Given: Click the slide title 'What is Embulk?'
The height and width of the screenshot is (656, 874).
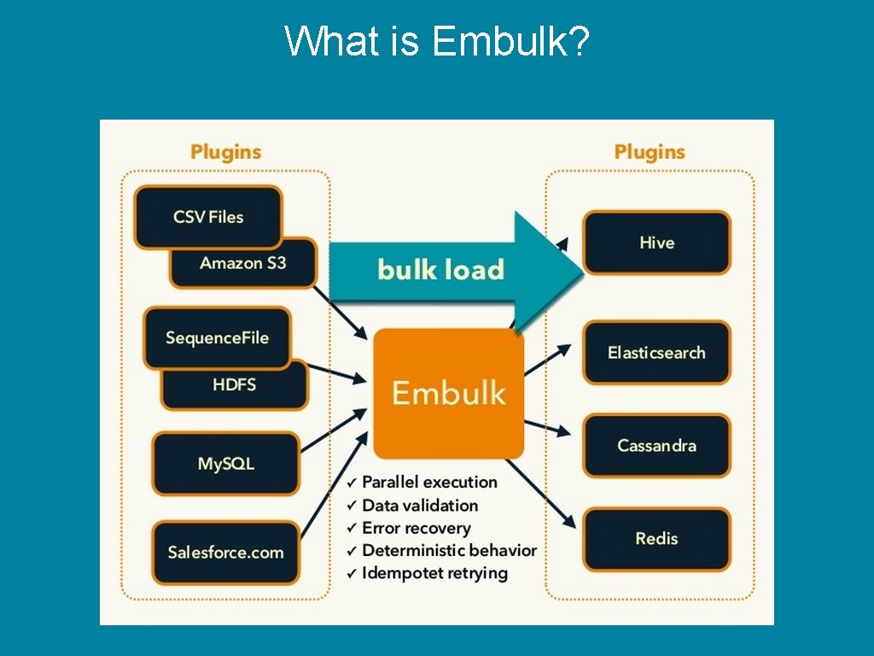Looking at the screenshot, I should [x=437, y=41].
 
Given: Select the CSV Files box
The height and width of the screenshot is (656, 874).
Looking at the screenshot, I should [x=207, y=217].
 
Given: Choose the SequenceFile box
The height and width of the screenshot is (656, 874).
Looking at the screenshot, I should [x=217, y=337].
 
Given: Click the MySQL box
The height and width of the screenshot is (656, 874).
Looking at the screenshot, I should [x=226, y=464].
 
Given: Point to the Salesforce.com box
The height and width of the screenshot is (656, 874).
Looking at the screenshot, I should [x=225, y=552].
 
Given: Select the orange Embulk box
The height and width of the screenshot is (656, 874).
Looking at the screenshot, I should [x=448, y=393].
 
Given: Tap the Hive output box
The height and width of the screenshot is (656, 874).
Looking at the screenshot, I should [x=656, y=243].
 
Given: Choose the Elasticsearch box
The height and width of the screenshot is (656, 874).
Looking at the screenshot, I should [x=656, y=352].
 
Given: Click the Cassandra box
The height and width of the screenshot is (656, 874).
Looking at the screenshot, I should [x=656, y=445].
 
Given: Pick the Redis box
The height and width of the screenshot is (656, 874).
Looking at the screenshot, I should [x=656, y=538].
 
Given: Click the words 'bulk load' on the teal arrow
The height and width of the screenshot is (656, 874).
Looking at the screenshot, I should [x=440, y=270].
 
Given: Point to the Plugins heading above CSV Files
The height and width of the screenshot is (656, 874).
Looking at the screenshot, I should [x=225, y=152].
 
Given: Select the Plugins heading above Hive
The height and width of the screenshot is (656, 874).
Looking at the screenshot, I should [x=650, y=152].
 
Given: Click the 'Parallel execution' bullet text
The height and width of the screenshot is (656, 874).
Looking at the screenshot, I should [x=429, y=482].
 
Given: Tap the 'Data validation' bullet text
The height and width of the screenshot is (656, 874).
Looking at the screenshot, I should [x=420, y=505].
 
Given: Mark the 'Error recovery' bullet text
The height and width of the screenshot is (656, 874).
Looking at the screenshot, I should [x=416, y=528].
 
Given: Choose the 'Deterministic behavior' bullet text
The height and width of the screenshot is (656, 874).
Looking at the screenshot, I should [x=449, y=550].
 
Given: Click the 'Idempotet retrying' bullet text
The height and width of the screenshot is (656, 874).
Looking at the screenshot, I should [x=434, y=573].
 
